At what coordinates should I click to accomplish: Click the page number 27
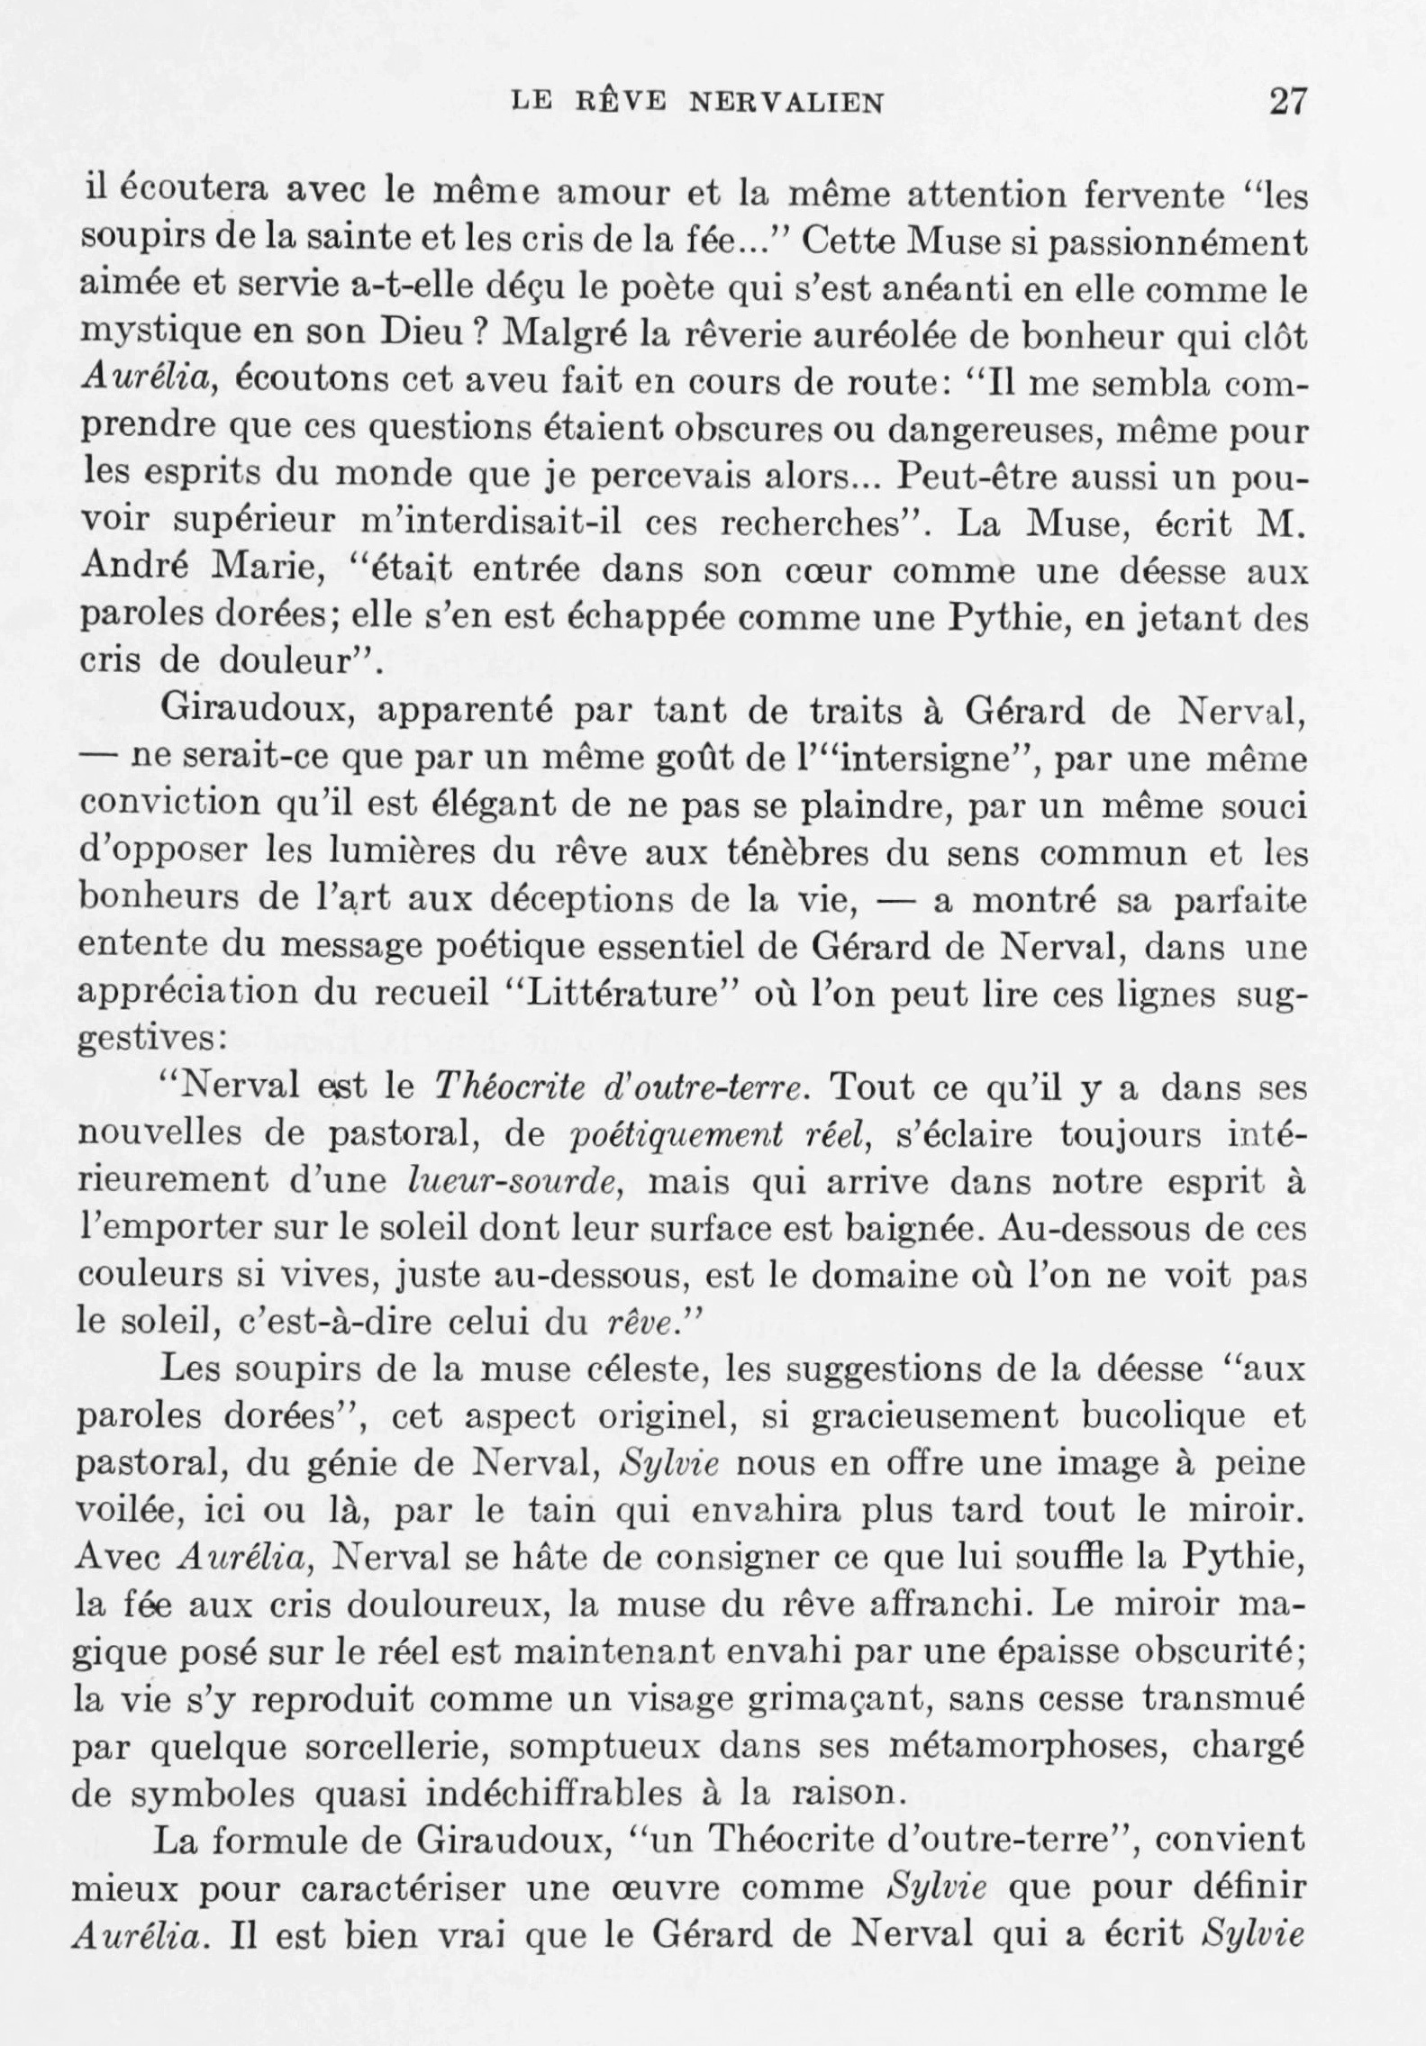pos(1285,101)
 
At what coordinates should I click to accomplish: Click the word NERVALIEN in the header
pos(786,103)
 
